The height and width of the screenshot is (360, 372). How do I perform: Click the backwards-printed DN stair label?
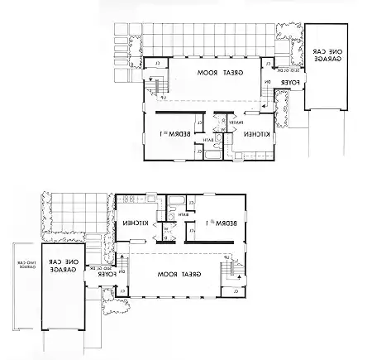tap(265, 82)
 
